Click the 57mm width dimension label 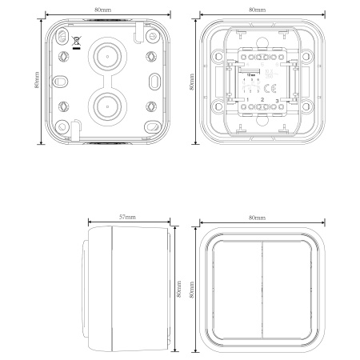coord(127,218)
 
